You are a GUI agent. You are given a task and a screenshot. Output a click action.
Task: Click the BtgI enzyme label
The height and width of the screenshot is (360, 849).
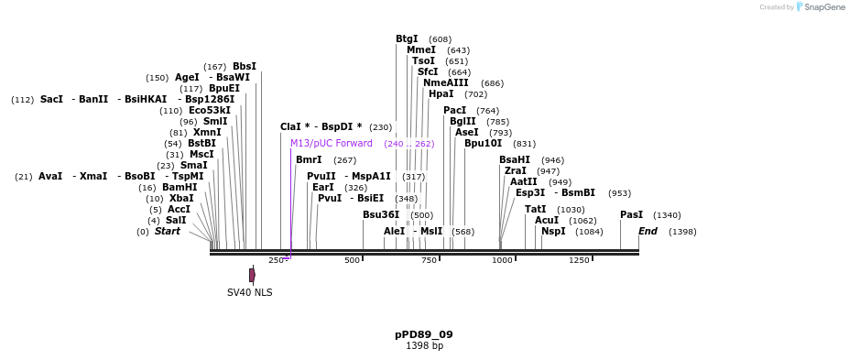(x=407, y=38)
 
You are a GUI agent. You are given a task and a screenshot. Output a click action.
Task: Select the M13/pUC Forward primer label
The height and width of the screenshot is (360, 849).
(x=331, y=143)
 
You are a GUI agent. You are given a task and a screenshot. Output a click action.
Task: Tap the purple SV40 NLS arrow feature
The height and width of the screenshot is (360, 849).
(x=252, y=274)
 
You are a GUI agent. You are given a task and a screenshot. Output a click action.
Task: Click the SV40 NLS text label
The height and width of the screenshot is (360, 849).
(x=249, y=293)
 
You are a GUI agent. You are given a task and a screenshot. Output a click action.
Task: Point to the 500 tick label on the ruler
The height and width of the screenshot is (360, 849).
(x=352, y=260)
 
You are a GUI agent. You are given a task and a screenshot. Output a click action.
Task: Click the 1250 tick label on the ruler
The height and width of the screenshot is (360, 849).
(x=579, y=260)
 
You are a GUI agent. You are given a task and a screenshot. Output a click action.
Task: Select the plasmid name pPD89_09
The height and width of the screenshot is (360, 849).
(x=423, y=334)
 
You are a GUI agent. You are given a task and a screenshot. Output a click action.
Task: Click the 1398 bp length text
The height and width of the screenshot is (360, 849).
(x=423, y=345)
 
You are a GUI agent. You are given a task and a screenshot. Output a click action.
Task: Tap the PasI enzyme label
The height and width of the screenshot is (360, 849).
(x=631, y=214)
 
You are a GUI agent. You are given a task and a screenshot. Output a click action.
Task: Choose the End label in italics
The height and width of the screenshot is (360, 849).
(x=648, y=231)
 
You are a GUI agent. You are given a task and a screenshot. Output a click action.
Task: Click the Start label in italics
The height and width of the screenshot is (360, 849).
(x=167, y=231)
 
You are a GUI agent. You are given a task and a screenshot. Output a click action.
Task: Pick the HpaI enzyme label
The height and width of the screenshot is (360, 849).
(x=441, y=93)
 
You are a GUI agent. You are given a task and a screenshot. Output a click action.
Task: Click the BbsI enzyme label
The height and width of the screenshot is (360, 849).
(x=244, y=66)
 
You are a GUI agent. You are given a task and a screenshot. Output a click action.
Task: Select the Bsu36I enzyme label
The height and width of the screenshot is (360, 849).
(x=380, y=214)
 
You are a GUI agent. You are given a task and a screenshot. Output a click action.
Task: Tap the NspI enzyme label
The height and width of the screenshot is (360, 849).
(x=553, y=231)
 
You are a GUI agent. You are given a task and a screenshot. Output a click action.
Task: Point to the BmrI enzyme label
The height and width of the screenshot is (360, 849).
(x=308, y=159)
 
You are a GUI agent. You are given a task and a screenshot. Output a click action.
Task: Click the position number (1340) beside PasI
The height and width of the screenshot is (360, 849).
(x=667, y=215)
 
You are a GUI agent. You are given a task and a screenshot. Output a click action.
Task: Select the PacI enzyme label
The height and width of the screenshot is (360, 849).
(x=454, y=110)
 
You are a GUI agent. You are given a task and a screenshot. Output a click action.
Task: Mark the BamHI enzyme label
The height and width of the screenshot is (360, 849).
(x=180, y=187)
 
